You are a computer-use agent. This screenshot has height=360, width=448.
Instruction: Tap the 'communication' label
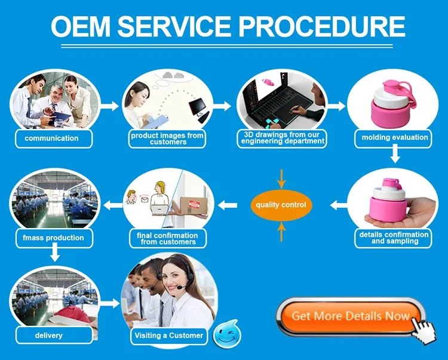point(51,139)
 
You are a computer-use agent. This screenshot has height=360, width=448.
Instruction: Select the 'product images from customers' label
point(167,139)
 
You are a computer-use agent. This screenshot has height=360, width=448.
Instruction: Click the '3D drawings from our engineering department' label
point(283,139)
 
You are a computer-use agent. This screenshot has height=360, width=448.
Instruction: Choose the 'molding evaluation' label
point(395,137)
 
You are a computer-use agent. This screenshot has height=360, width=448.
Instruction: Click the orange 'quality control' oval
point(281,205)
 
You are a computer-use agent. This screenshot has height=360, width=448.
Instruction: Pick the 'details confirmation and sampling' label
point(394,238)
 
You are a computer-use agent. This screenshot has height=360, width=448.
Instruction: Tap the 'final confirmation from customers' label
point(168,238)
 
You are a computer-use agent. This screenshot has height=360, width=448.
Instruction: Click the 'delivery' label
point(49,336)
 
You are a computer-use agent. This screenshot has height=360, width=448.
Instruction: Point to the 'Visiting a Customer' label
point(168,336)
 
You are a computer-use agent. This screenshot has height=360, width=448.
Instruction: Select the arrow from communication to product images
point(109,106)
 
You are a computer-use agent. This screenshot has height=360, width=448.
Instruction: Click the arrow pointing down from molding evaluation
point(394,155)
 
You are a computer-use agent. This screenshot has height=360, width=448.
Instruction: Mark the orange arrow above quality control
point(281,179)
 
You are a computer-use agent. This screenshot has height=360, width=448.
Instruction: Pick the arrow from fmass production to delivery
point(54,254)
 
